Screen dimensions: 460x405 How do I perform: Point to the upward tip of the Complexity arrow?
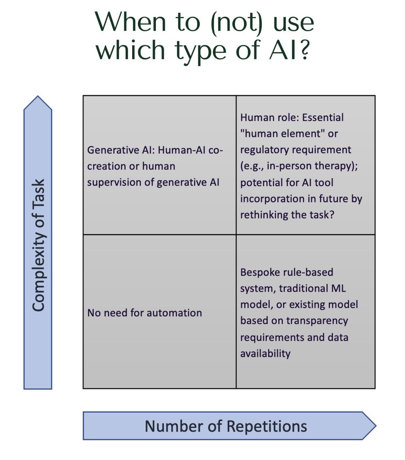pyautogui.click(x=38, y=97)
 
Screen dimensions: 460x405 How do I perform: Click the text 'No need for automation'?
pyautogui.click(x=144, y=313)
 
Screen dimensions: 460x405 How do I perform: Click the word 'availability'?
pyautogui.click(x=265, y=353)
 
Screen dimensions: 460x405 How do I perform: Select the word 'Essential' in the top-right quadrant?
pyautogui.click(x=323, y=117)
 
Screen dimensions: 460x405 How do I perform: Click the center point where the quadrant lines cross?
pyautogui.click(x=236, y=235)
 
